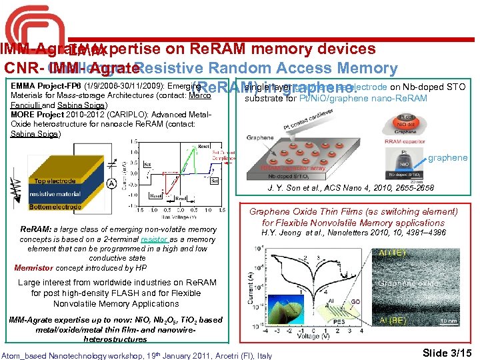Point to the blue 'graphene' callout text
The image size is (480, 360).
pyautogui.click(x=447, y=158)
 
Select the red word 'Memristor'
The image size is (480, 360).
pyautogui.click(x=33, y=267)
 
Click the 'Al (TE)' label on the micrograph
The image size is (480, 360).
pyautogui.click(x=394, y=253)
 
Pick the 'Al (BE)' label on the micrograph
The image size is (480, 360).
pyautogui.click(x=394, y=321)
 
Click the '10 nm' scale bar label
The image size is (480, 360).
pyautogui.click(x=448, y=321)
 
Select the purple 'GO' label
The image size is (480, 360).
pyautogui.click(x=356, y=301)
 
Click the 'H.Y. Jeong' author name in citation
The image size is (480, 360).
pyautogui.click(x=281, y=233)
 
